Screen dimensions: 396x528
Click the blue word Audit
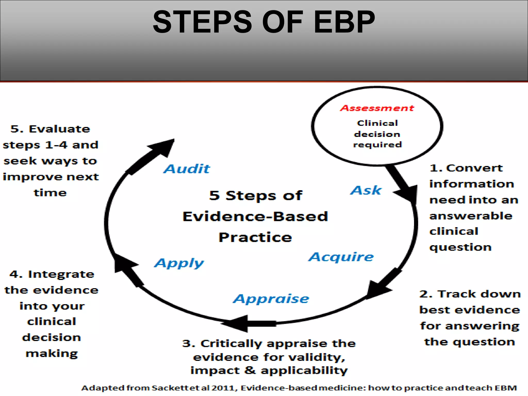pos(187,169)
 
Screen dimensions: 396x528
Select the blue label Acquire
pos(341,257)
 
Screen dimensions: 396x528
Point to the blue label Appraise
pos(271,299)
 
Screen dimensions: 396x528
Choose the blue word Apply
pos(179,263)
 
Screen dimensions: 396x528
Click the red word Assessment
pos(377,108)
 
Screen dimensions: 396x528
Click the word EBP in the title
pos(344,22)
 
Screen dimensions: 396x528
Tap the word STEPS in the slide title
pos(202,22)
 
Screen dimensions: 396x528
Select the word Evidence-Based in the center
pos(255,216)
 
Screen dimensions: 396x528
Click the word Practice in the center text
pos(255,237)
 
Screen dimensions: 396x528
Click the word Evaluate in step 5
pos(59,129)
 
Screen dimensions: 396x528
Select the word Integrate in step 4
pos(61,274)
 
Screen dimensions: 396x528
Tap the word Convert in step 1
pos(474,168)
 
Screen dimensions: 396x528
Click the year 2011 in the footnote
pos(223,388)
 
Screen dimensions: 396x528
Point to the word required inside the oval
pos(377,145)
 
